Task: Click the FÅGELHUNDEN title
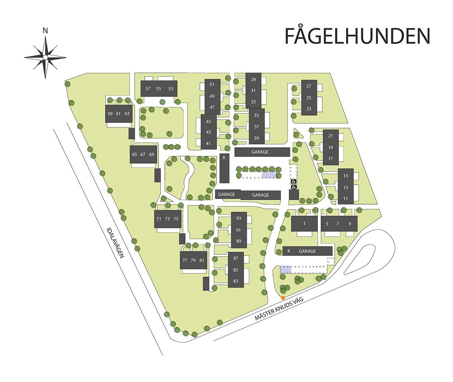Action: [x=357, y=36]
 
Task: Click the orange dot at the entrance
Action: [x=283, y=298]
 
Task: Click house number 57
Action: [x=148, y=88]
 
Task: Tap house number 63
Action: [x=127, y=113]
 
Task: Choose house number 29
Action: [x=253, y=80]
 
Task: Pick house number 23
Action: [x=309, y=109]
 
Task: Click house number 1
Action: [x=304, y=224]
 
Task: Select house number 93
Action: [x=238, y=218]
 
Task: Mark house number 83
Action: [x=235, y=281]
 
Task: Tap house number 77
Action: [x=184, y=260]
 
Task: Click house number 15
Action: [x=345, y=175]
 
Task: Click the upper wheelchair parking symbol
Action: [x=294, y=181]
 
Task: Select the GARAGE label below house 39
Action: [x=260, y=152]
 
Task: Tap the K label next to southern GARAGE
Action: [x=289, y=251]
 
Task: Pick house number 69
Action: [x=151, y=154]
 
